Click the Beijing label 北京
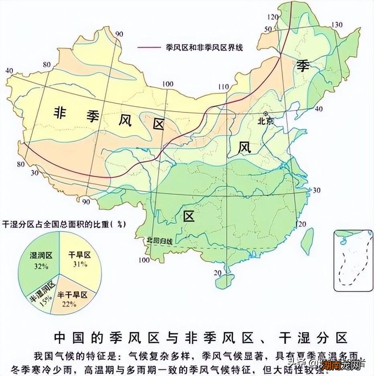(265, 121)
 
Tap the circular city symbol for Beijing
(265, 114)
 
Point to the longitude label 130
(337, 25)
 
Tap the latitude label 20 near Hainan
(217, 273)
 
